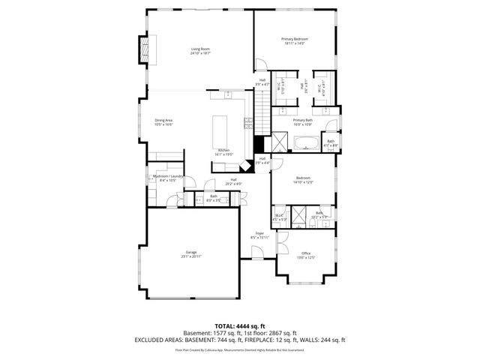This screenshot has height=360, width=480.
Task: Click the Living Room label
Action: click(199, 51)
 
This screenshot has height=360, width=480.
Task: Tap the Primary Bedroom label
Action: click(295, 40)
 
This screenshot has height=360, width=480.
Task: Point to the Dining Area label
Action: click(163, 122)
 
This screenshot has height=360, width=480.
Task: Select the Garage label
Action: click(191, 254)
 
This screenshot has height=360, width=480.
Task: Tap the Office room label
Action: click(305, 255)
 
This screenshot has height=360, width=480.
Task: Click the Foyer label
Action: click(259, 235)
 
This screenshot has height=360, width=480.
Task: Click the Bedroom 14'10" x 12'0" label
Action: click(302, 180)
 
